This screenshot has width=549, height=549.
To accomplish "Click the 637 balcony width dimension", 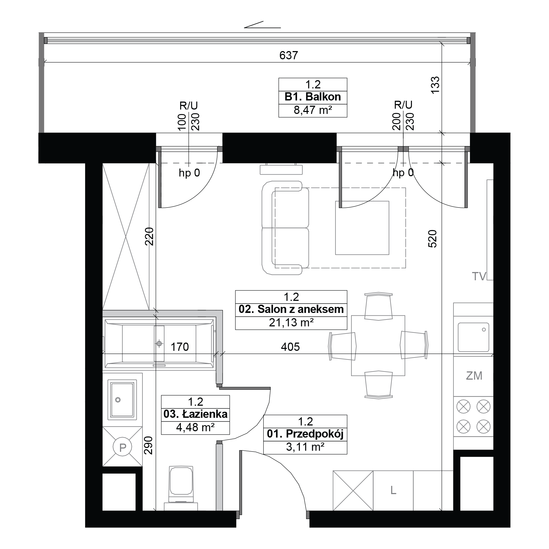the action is (288, 55).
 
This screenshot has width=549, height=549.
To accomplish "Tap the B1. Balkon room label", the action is (313, 97).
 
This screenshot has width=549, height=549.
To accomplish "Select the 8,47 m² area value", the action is (313, 110).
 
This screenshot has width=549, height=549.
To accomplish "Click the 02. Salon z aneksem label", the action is (291, 309).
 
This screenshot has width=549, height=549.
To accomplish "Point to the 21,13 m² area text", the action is (291, 323).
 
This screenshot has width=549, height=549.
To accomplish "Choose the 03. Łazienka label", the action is (195, 414).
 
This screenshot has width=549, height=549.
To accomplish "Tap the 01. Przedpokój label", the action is (305, 434).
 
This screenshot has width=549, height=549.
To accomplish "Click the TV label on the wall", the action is (479, 276).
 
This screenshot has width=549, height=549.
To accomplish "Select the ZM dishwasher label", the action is (474, 376).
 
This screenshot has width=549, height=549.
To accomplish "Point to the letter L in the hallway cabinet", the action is (393, 490).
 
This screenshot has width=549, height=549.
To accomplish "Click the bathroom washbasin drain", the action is (118, 400).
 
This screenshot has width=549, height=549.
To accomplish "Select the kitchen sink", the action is (474, 337).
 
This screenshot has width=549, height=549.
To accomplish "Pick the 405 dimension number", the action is (290, 347).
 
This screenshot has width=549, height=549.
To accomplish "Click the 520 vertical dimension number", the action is (432, 239).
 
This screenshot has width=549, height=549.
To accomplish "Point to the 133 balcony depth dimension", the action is (435, 84).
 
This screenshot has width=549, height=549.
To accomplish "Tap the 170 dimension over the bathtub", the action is (180, 347).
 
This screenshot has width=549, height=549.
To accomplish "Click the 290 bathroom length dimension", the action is (148, 445).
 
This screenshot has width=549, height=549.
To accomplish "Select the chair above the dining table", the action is (378, 306).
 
